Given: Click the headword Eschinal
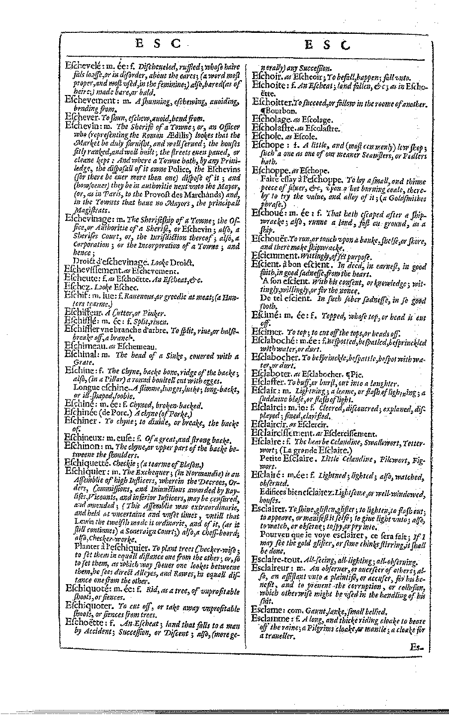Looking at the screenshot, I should [83, 356].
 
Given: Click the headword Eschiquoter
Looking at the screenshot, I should [90, 608].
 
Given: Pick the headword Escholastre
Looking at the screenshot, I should [277, 128].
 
